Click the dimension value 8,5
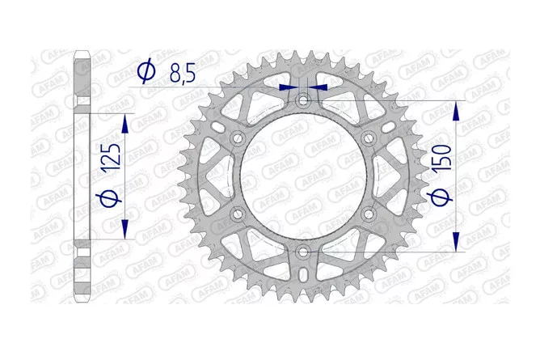click(183, 73)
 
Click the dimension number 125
click(111, 158)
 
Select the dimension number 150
click(441, 158)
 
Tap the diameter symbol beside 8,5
click(146, 71)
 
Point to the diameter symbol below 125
click(108, 200)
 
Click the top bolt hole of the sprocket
click(303, 100)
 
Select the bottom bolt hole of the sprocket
click(303, 252)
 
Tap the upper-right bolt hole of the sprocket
click(369, 138)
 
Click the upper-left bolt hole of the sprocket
click(238, 138)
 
